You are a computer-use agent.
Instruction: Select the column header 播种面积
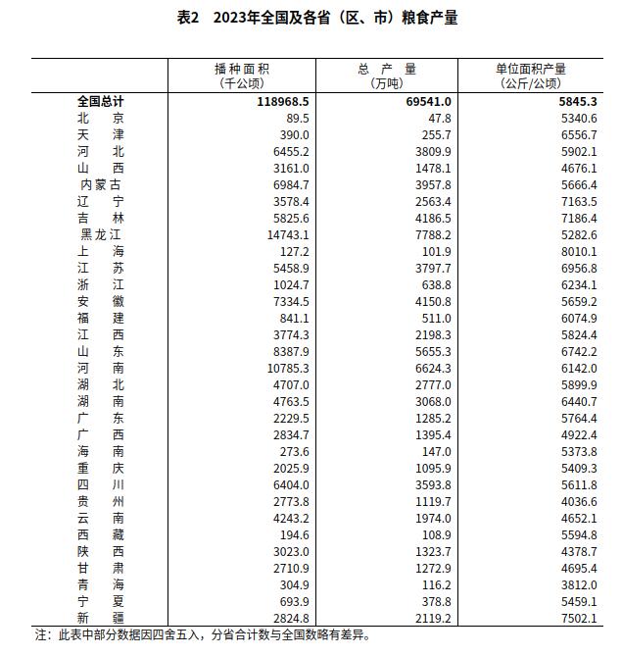[x=241, y=69]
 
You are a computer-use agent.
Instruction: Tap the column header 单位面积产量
[x=532, y=69]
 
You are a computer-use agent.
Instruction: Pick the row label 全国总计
[x=101, y=101]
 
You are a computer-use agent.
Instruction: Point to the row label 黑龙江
[x=101, y=234]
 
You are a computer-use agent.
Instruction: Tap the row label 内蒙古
[x=101, y=184]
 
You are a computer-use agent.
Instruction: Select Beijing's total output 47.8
[x=438, y=118]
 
